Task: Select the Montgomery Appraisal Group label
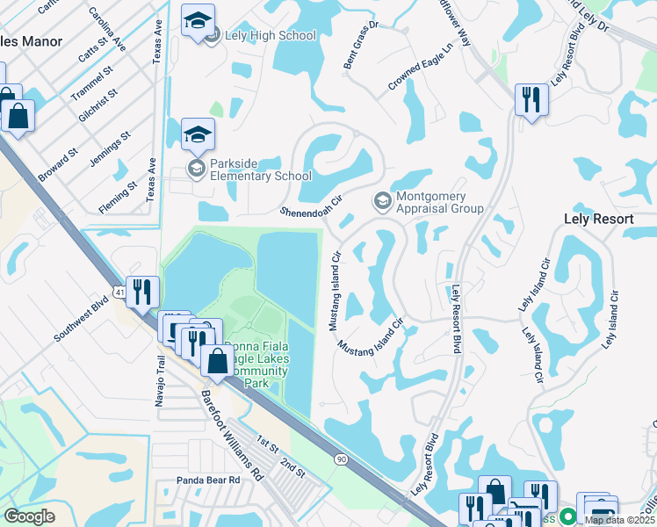point(439,203)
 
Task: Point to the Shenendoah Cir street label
point(310,207)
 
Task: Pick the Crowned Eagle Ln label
point(425,69)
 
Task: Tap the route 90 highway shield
point(340,458)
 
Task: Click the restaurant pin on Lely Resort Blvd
point(531,100)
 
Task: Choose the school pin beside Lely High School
point(198,21)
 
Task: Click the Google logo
point(30,516)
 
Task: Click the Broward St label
point(57,163)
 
